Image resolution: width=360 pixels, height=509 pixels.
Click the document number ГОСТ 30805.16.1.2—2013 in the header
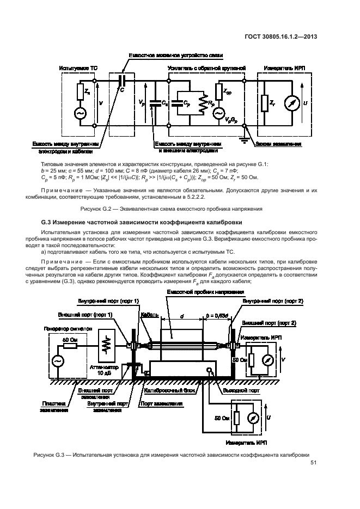tap(283, 38)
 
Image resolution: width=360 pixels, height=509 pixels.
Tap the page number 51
tap(313, 463)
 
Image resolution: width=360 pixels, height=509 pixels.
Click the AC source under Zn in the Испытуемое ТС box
tap(81, 113)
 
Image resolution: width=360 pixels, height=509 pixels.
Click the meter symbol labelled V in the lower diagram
tap(267, 360)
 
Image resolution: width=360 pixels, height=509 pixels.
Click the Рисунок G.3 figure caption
tap(171, 454)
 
